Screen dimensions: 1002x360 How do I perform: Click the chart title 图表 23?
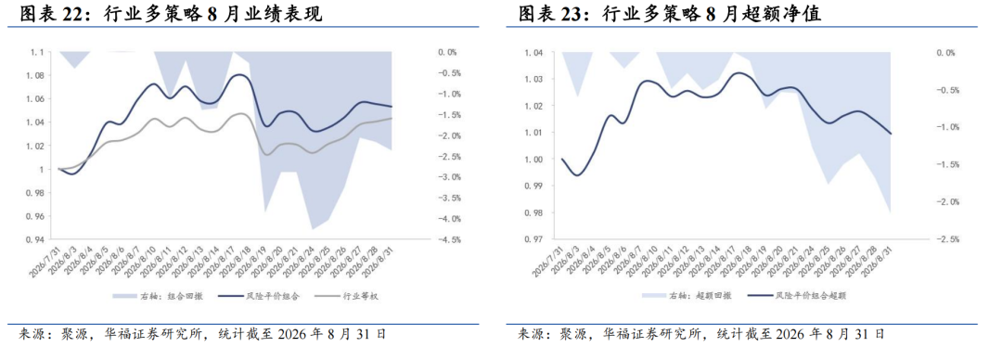[x=555, y=14]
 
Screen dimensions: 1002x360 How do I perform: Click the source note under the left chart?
[x=202, y=334]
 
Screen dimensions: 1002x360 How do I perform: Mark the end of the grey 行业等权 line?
[x=392, y=118]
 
